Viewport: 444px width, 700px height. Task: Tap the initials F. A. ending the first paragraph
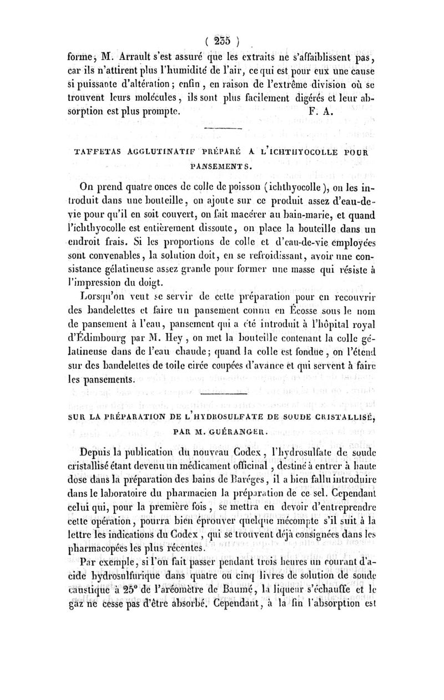click(x=319, y=110)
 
